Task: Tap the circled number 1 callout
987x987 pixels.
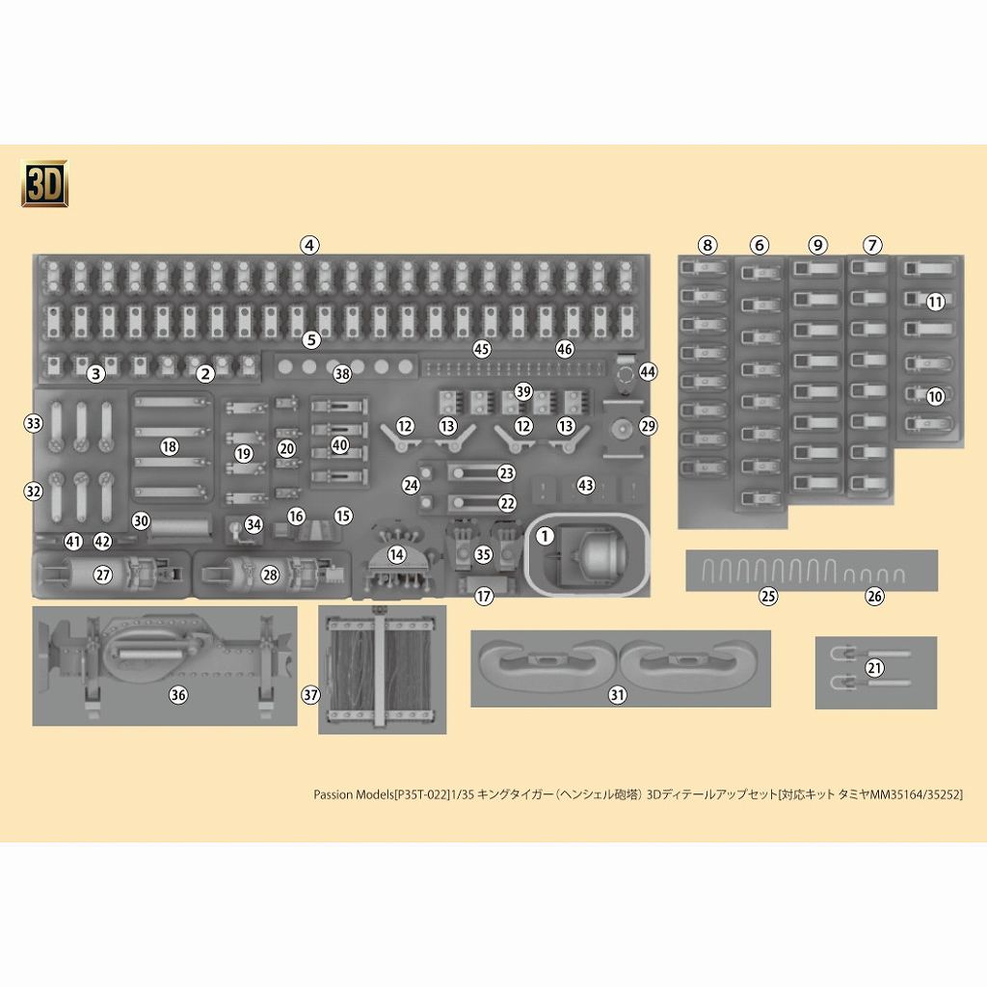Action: click(x=545, y=536)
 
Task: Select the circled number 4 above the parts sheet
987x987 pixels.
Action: click(x=308, y=245)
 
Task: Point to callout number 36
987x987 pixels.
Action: click(x=178, y=694)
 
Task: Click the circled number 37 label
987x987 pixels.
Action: click(x=309, y=694)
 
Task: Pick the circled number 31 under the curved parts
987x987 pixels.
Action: click(x=618, y=694)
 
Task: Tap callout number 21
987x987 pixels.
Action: click(x=874, y=668)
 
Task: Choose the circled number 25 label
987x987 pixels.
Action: click(x=768, y=596)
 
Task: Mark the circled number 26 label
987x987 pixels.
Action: click(x=874, y=596)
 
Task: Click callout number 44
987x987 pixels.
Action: click(x=647, y=371)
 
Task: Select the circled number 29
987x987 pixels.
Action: click(x=647, y=425)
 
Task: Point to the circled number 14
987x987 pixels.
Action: click(x=397, y=554)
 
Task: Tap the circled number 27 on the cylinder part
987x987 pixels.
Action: click(x=103, y=574)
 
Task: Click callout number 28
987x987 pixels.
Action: click(x=270, y=574)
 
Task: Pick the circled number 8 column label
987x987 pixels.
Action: click(x=708, y=245)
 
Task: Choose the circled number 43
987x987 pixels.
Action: click(x=585, y=486)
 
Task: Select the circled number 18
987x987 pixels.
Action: click(x=170, y=446)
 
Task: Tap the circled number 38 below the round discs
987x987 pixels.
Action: click(x=342, y=373)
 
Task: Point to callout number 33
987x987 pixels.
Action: click(x=34, y=423)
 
